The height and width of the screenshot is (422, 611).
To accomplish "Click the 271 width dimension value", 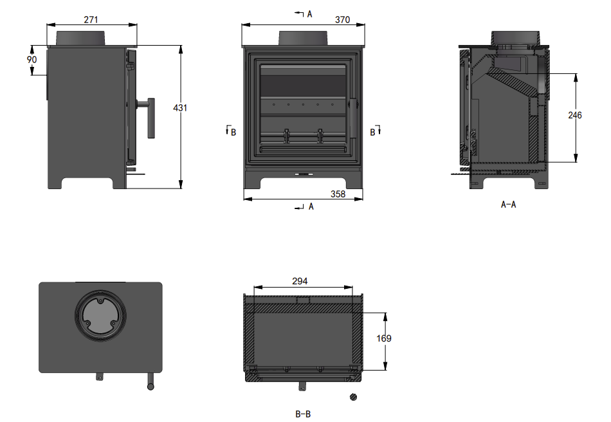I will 91,20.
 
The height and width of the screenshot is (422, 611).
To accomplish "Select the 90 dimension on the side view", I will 32,59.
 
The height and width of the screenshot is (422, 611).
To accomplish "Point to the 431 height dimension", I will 181,108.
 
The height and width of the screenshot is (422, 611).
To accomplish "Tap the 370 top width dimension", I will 342,20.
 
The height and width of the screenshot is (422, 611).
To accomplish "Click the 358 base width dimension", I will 338,194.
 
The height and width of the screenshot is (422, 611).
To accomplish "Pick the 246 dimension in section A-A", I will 575,115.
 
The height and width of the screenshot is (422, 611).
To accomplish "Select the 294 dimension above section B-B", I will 300,281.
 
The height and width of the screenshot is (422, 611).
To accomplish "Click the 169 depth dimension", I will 385,338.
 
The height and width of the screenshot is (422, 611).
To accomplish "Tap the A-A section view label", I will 508,205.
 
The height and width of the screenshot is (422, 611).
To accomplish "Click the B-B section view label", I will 303,414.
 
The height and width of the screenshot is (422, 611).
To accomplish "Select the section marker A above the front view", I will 309,14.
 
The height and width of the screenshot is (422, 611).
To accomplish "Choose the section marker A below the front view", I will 311,206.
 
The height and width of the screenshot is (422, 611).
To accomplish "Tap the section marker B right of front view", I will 373,131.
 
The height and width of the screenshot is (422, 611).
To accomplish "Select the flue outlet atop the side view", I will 81,38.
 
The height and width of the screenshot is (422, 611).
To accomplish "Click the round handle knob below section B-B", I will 352,397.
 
